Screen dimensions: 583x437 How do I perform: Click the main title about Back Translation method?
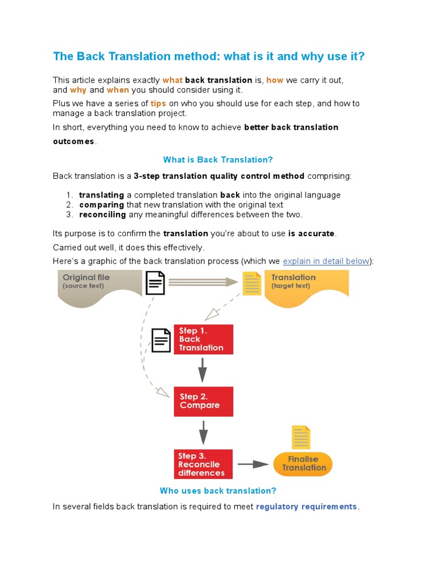(x=209, y=56)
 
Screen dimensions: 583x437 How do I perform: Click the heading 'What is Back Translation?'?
(x=218, y=160)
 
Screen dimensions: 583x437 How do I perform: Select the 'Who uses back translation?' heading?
(x=218, y=491)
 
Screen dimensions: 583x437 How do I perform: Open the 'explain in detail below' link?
(x=326, y=261)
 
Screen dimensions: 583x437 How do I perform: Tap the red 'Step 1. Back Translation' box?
(x=203, y=339)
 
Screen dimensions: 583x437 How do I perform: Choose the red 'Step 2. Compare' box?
(x=203, y=401)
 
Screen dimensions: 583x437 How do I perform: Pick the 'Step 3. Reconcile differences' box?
(x=203, y=464)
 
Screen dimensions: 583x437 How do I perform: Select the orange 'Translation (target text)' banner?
(x=306, y=285)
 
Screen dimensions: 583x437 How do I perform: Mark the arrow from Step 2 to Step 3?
(x=203, y=433)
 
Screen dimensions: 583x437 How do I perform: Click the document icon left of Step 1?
(x=161, y=340)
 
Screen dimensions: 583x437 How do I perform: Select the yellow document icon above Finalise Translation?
(x=301, y=437)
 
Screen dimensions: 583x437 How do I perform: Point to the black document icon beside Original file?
(x=155, y=282)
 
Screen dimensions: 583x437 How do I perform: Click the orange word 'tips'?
(x=158, y=104)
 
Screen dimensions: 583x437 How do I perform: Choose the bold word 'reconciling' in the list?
(x=102, y=215)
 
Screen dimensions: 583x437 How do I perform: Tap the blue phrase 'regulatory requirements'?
(x=307, y=507)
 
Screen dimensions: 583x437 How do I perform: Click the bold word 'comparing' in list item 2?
(x=101, y=205)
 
